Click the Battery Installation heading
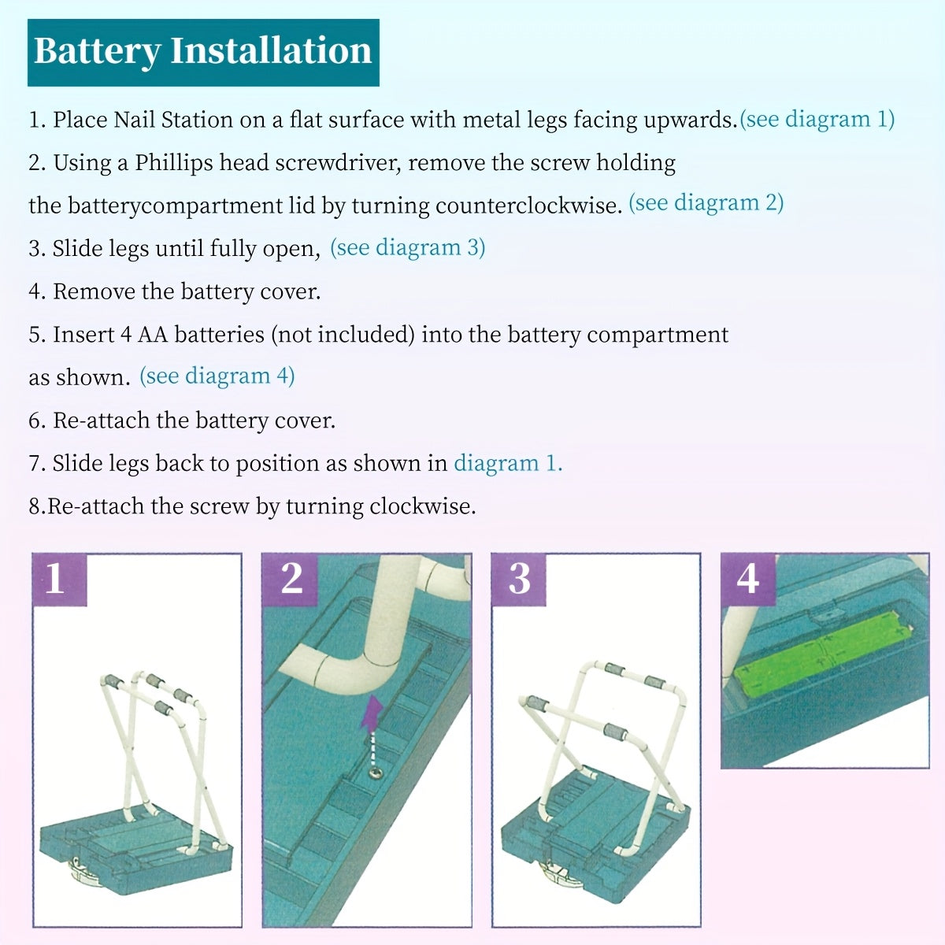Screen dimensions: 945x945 coord(203,52)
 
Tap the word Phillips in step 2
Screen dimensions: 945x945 coord(174,163)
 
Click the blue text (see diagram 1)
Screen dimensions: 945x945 coord(817,120)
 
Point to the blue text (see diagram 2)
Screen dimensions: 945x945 coord(706,203)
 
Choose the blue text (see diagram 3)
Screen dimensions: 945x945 coord(407,247)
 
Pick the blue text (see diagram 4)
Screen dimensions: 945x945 coord(217,376)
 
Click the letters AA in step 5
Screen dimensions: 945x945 coord(153,335)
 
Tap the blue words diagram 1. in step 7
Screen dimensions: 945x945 coord(508,464)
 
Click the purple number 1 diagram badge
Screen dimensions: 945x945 coord(59,579)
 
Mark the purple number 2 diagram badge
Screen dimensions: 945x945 coord(290,579)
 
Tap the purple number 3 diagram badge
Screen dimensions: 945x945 coord(519,579)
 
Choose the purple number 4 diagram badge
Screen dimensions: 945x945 coord(748,579)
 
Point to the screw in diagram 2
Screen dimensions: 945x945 coord(376,774)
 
